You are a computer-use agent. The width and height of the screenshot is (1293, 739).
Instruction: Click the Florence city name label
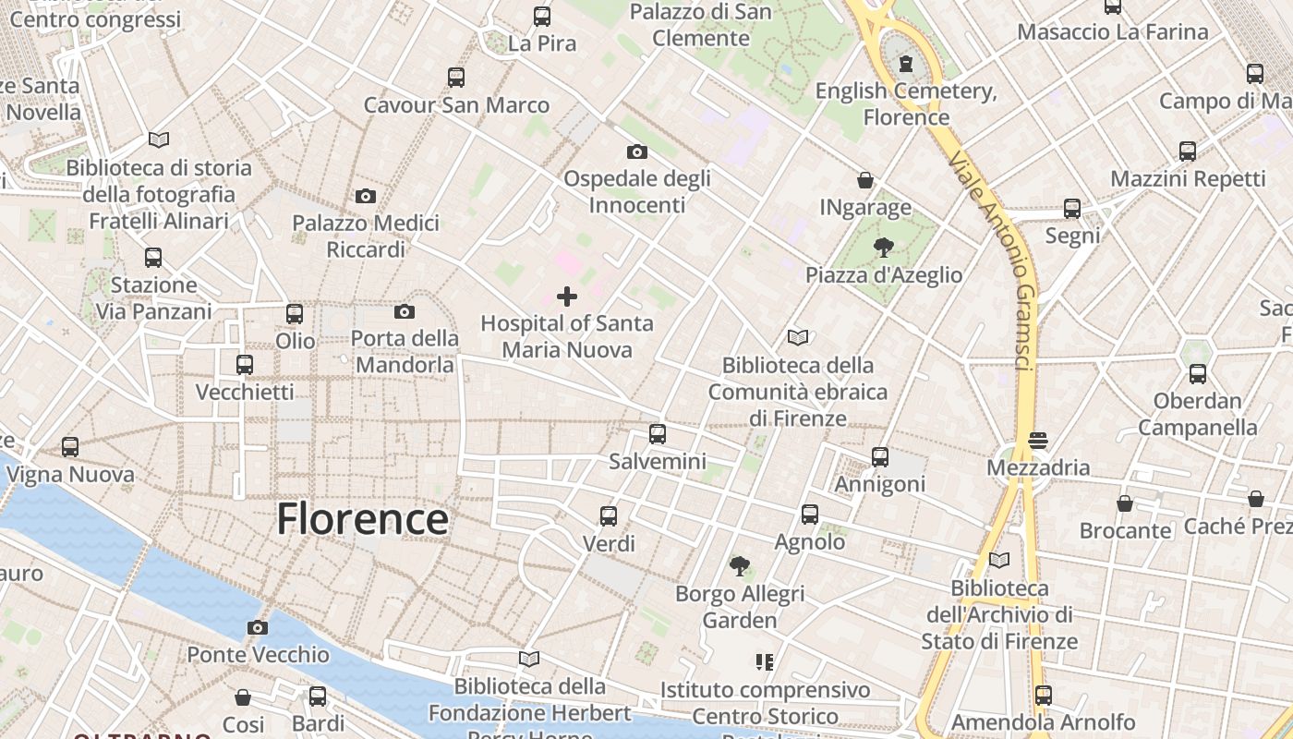tap(362, 519)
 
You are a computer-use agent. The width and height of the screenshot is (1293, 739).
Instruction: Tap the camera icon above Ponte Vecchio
tap(258, 628)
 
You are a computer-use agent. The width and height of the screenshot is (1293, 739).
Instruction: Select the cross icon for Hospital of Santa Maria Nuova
tap(567, 297)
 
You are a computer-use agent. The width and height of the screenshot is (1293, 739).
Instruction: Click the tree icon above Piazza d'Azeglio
tap(884, 247)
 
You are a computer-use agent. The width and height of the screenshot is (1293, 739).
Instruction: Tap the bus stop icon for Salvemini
tap(658, 433)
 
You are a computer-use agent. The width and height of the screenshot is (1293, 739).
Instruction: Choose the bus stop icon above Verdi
tap(609, 515)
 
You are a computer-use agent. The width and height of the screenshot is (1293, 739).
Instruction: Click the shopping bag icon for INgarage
tap(865, 179)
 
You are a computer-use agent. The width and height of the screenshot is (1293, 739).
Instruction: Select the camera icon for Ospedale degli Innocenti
tap(637, 151)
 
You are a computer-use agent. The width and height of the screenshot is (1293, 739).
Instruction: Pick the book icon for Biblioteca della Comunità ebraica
tap(798, 337)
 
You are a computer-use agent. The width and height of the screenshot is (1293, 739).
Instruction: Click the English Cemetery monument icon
tap(906, 64)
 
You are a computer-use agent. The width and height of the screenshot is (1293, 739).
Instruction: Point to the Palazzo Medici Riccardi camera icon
tap(366, 196)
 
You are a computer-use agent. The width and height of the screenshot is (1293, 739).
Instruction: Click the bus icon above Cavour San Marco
tap(456, 77)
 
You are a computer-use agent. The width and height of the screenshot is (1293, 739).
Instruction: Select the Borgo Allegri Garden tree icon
tap(739, 565)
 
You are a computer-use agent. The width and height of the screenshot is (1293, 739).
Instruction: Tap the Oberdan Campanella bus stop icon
tap(1198, 373)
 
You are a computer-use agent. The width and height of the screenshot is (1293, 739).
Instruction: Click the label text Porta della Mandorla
tap(405, 351)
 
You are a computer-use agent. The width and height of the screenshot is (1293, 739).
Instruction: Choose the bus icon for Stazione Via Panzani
tap(153, 257)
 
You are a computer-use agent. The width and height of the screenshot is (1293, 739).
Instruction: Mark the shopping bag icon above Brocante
tap(1125, 503)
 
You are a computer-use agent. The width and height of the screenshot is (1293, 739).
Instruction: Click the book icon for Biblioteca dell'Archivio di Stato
tap(999, 560)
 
